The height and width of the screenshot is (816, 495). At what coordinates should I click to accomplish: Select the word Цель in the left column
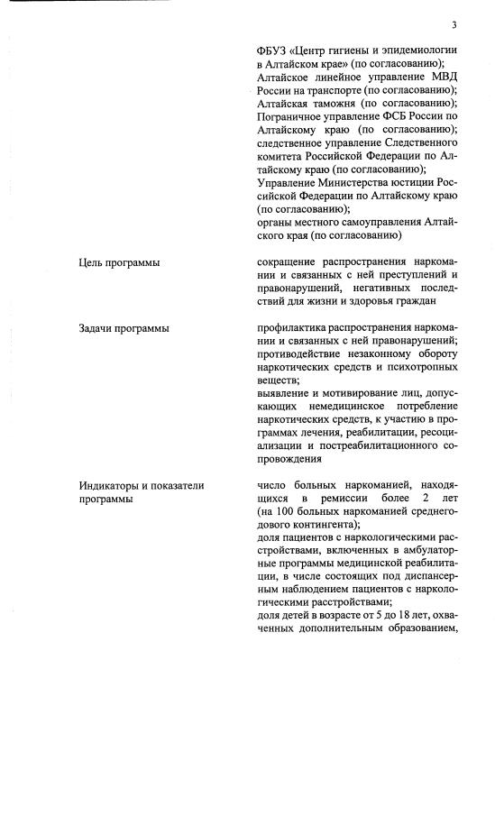click(91, 263)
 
